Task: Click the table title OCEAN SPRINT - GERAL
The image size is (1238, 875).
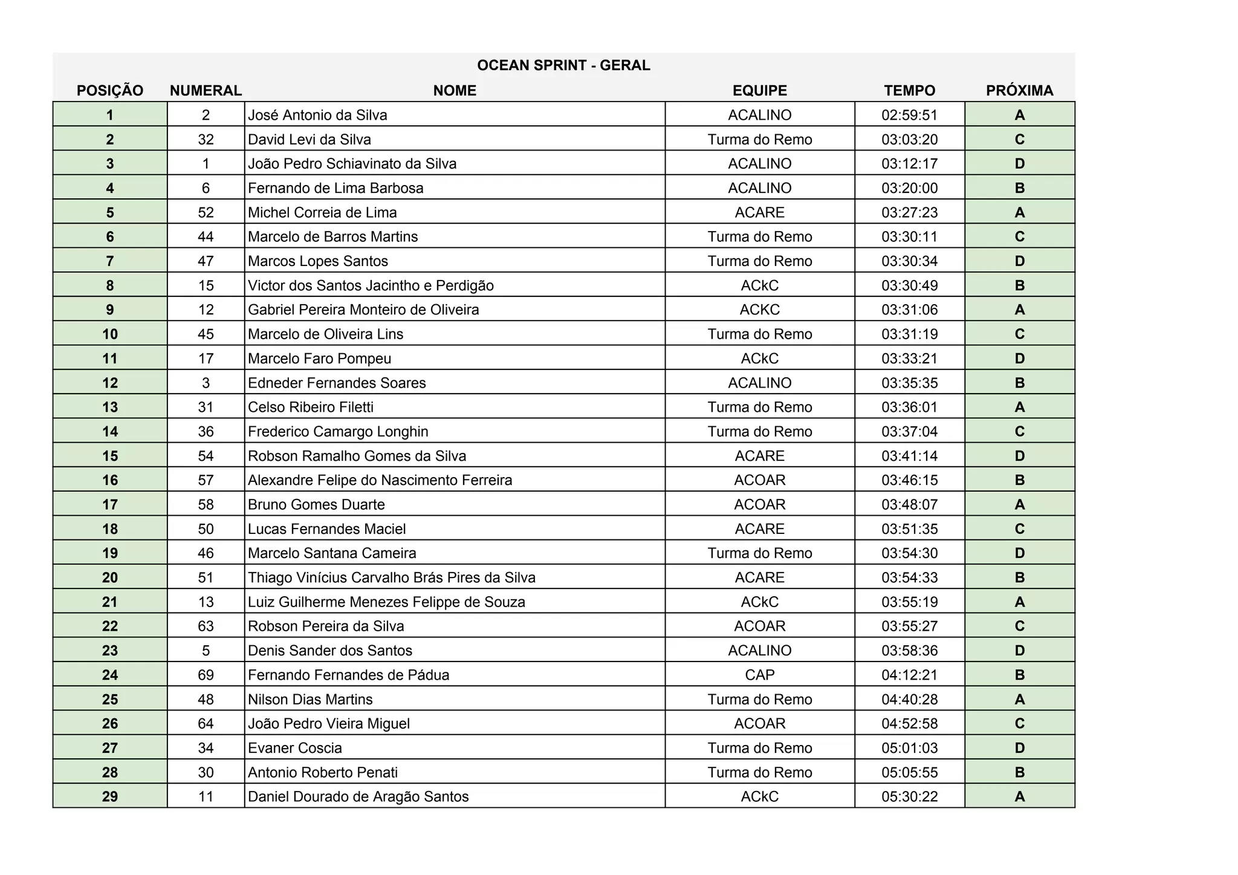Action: (x=563, y=65)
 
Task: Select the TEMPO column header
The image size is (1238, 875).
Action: (x=909, y=91)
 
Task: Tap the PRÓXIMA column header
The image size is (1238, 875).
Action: (x=1019, y=91)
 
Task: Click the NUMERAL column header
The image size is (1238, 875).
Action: (x=206, y=91)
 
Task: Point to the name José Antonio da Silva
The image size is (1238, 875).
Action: (x=317, y=115)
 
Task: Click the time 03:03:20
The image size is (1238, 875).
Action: (x=909, y=140)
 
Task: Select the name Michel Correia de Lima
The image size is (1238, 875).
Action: (x=322, y=212)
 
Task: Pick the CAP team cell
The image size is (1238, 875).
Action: (x=759, y=675)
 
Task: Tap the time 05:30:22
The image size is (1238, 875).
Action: (x=909, y=796)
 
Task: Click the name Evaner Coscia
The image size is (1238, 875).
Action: (x=295, y=748)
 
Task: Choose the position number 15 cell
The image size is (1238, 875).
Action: (x=110, y=456)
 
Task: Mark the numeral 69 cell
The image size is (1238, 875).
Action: (x=206, y=675)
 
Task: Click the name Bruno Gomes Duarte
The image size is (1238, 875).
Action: (x=316, y=504)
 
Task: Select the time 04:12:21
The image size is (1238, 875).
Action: (x=909, y=675)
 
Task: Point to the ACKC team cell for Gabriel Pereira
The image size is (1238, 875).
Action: (x=759, y=310)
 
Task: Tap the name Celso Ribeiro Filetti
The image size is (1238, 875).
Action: (x=311, y=407)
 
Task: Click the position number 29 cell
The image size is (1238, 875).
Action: (x=110, y=796)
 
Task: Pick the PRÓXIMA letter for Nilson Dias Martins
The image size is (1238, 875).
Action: (x=1019, y=699)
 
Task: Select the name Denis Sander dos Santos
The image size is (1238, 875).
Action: (x=330, y=651)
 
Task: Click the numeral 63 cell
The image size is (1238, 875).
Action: (x=206, y=626)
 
